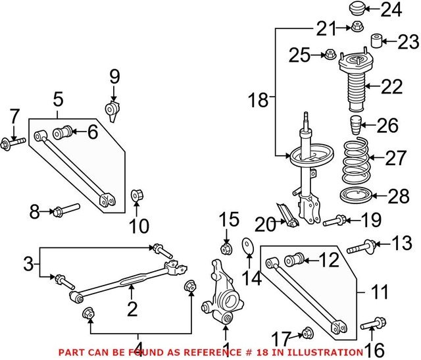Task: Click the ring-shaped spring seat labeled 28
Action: tap(357, 195)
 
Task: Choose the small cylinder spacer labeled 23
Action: tap(377, 41)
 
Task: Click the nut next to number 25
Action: tap(329, 54)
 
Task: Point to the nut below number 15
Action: tap(225, 249)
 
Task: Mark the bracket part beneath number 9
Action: tap(114, 109)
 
